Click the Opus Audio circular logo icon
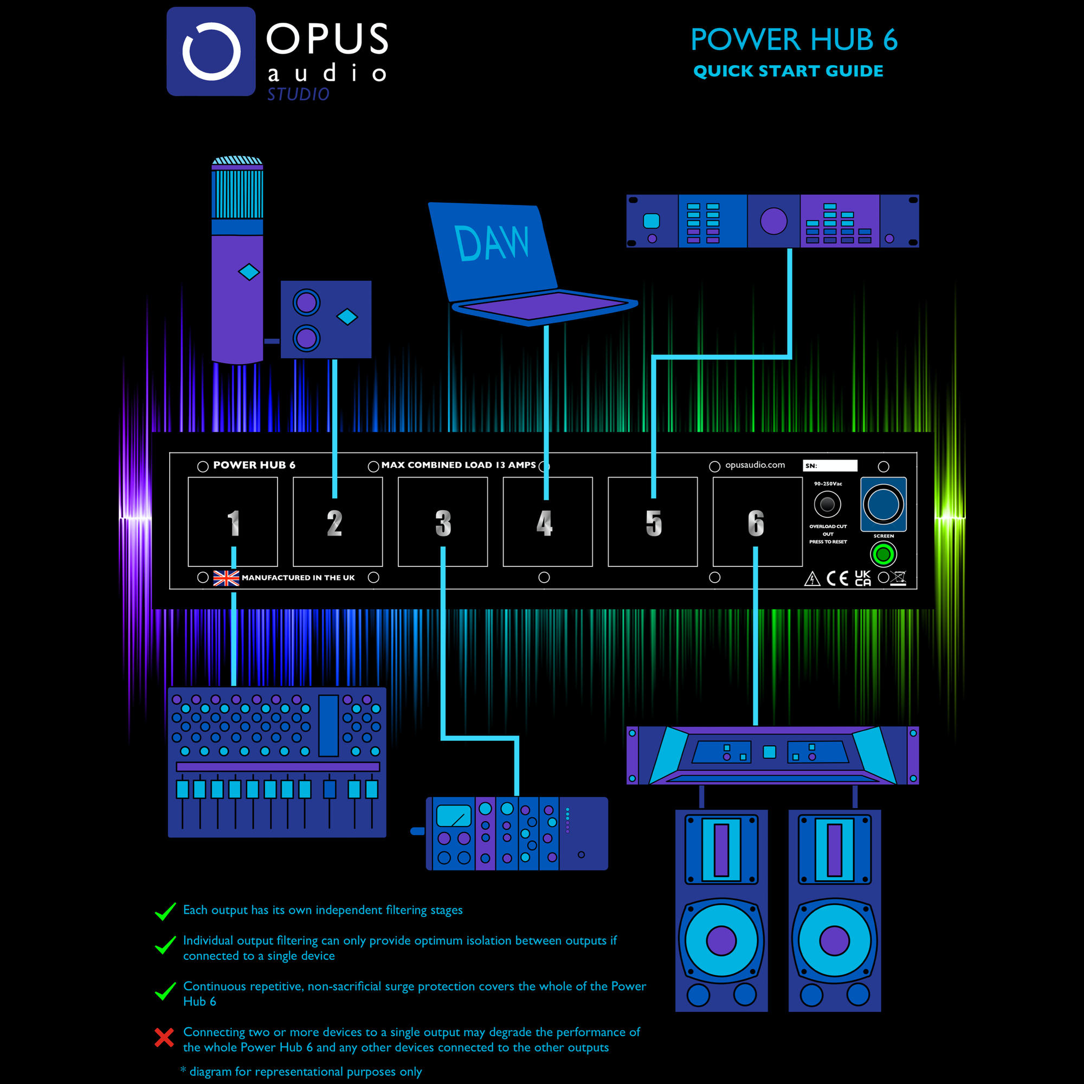(x=211, y=51)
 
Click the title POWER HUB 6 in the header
(x=793, y=40)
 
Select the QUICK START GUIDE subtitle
(x=788, y=71)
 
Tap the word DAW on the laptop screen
(x=492, y=243)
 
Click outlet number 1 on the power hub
(x=233, y=522)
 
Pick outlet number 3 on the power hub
(x=443, y=522)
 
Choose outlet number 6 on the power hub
(x=757, y=522)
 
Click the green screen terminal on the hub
(x=883, y=554)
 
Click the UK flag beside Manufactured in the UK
(x=226, y=578)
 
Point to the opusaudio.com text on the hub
(x=754, y=465)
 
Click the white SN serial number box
(x=830, y=466)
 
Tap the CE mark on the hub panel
(x=837, y=578)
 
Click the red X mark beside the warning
(x=164, y=1037)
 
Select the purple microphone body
(x=237, y=298)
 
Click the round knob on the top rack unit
(x=773, y=221)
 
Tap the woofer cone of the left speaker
(x=721, y=941)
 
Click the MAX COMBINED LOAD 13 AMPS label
(x=459, y=465)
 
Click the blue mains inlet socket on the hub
(x=883, y=504)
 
